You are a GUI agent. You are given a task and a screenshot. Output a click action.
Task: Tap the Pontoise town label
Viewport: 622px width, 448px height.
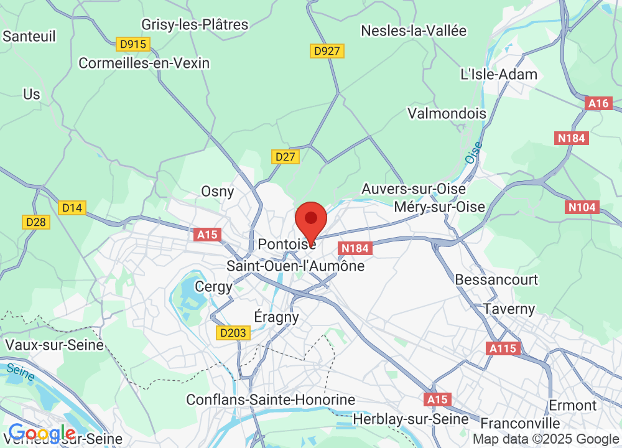pos(286,244)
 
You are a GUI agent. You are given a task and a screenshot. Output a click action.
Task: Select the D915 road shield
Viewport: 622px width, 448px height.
pos(132,44)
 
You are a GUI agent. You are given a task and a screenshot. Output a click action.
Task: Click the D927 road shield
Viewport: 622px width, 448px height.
pos(327,51)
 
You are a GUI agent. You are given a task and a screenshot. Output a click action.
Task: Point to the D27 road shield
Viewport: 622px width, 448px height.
pos(285,157)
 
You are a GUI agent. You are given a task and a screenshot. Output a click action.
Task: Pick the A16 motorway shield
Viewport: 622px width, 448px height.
pos(599,103)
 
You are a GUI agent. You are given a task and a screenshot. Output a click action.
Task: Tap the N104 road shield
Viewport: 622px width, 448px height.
pos(582,207)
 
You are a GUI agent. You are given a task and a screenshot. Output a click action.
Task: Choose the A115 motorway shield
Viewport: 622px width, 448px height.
pos(503,348)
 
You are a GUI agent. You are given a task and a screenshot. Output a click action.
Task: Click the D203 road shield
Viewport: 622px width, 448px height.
pos(233,333)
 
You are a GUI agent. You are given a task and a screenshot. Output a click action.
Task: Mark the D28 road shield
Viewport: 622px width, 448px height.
pos(37,222)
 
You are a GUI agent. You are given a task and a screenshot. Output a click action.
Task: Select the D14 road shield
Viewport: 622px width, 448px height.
pos(73,208)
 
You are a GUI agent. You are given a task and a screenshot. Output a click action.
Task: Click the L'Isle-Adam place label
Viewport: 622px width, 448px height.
pos(498,75)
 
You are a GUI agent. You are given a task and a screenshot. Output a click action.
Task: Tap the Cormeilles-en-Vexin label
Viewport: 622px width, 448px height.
pos(144,63)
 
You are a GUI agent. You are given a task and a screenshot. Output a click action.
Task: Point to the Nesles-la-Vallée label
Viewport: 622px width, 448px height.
pos(414,30)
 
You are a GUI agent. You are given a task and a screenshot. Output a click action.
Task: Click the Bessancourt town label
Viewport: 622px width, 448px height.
pos(496,280)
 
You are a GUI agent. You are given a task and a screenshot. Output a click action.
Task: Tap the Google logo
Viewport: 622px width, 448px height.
pos(42,432)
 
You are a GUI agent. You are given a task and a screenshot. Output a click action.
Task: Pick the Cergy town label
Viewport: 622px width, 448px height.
pos(213,287)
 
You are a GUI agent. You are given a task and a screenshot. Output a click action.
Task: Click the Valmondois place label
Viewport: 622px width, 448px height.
pos(447,113)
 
